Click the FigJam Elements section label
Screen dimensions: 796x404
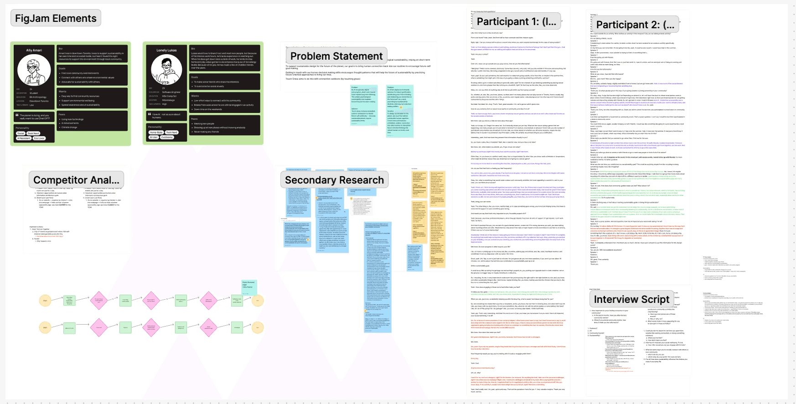[56, 18]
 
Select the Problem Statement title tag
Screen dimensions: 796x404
[336, 56]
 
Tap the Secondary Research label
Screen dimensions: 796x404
[334, 180]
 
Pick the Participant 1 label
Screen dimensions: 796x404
[516, 21]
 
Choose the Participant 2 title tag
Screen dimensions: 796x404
[635, 25]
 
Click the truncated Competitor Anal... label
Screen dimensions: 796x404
[76, 180]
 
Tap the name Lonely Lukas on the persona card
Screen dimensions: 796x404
[166, 50]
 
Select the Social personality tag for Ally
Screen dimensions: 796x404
[21, 133]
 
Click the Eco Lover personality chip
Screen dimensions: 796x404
[39, 138]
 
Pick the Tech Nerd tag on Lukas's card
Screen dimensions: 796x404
[171, 133]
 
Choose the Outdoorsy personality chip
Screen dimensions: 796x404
[167, 137]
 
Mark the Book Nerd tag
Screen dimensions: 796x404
[33, 133]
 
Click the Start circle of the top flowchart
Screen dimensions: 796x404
[45, 301]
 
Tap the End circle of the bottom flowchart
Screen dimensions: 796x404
[258, 327]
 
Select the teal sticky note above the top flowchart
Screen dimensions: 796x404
[249, 286]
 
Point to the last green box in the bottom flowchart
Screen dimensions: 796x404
[237, 327]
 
